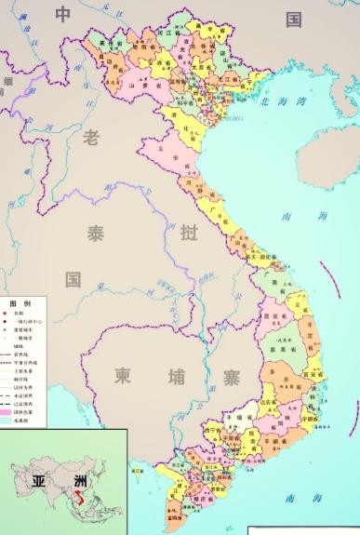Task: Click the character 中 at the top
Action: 62,14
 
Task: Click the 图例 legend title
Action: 20,304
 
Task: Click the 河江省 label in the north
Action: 166,31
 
